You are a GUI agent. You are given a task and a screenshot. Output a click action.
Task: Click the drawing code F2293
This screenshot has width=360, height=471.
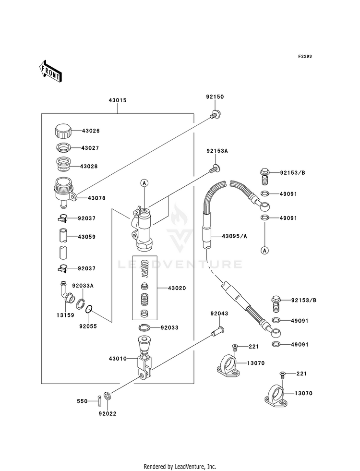coord(305,56)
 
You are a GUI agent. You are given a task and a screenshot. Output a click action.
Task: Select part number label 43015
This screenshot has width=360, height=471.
coord(118,100)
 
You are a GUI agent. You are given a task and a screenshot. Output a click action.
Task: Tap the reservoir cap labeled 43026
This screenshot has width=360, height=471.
coord(63,131)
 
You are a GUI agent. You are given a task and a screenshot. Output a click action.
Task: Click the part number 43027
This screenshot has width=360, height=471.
coord(90,148)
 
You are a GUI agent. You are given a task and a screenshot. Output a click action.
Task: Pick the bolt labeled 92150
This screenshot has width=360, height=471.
coord(215,115)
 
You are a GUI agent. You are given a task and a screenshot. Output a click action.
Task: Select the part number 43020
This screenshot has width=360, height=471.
coord(177,288)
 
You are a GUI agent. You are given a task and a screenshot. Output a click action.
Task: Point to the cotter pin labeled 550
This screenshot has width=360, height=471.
coord(99,401)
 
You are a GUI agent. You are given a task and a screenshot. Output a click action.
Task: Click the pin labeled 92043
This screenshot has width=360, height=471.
coord(218,331)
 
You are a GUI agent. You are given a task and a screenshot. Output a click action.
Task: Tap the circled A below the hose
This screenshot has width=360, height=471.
coord(264,250)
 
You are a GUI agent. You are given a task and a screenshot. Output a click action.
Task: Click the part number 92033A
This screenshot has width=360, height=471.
coord(83,286)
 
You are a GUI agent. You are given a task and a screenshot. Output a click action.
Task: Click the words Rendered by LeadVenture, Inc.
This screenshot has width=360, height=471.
coord(180,467)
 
